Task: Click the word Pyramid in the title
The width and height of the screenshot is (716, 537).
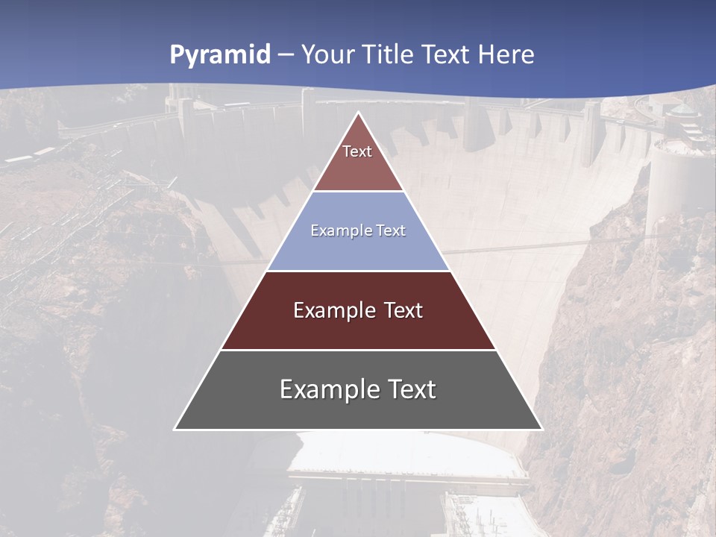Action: (x=220, y=55)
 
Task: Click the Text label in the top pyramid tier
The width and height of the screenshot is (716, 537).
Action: (x=357, y=151)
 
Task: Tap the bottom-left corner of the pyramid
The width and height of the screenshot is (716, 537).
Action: (x=175, y=429)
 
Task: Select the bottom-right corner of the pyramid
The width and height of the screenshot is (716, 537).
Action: (x=541, y=429)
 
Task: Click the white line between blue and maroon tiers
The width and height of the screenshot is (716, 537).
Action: (x=359, y=271)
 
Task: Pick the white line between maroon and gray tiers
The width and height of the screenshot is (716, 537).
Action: (x=359, y=350)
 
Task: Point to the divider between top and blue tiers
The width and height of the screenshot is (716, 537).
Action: (x=359, y=192)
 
